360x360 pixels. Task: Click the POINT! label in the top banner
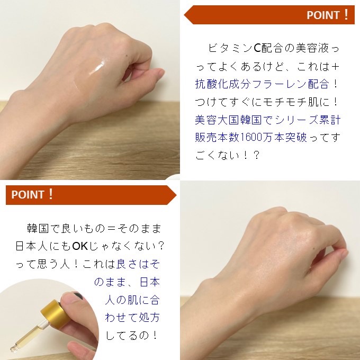coord(328,15)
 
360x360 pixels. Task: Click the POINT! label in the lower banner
coord(32,194)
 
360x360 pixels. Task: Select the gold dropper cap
coord(56,312)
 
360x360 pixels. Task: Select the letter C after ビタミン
coord(258,48)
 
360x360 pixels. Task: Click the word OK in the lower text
coord(80,246)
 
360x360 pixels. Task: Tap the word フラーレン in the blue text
coord(279,84)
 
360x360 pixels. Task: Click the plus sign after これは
coord(335,67)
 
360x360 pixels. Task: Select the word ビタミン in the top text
coord(230,48)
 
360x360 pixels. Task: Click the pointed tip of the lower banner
coord(176,195)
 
